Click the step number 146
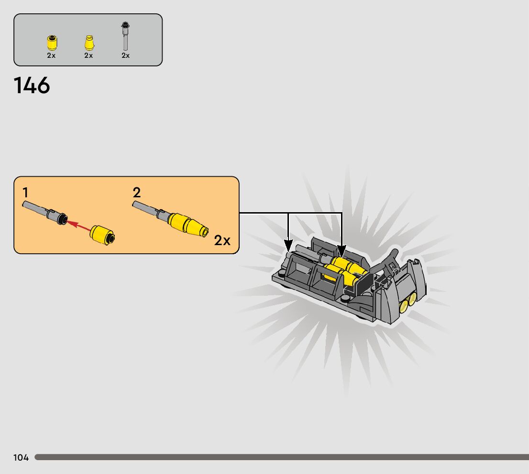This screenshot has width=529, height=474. pyautogui.click(x=32, y=86)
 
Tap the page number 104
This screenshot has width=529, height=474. pyautogui.click(x=21, y=458)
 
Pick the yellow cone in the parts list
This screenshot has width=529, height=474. pyautogui.click(x=88, y=43)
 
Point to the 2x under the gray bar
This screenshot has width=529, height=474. pyautogui.click(x=125, y=55)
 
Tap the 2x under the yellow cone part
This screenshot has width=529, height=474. pyautogui.click(x=88, y=55)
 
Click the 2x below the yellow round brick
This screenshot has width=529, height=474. pyautogui.click(x=51, y=55)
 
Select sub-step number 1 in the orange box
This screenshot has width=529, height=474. pyautogui.click(x=25, y=193)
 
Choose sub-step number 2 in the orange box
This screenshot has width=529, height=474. pyautogui.click(x=137, y=193)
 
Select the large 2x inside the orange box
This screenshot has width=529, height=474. pyautogui.click(x=222, y=240)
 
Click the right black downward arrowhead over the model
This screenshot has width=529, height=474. pyautogui.click(x=342, y=250)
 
